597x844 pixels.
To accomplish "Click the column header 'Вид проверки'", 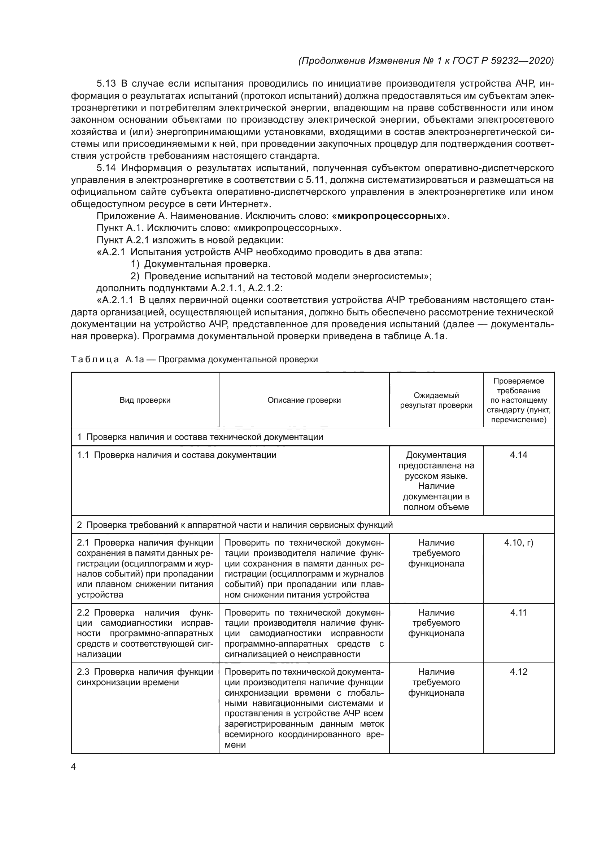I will pos(145,400).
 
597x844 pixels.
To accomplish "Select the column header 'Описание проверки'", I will pos(304,400).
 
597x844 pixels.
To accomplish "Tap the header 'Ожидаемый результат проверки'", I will pos(436,400).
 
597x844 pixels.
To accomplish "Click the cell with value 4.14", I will pos(518,455).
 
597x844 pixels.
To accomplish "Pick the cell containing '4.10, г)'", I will pos(518,543).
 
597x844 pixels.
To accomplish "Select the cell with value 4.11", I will pos(518,613).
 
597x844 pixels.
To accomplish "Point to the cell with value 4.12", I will pos(518,672).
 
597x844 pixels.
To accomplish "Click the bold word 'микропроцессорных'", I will pos(389,216).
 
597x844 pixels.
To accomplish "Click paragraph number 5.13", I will pos(106,83).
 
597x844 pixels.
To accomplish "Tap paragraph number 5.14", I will pos(106,168).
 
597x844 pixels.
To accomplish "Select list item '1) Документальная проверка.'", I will pos(201,264).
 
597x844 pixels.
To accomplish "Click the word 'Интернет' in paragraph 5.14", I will pos(243,204).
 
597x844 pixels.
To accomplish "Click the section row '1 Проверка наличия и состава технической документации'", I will pos(200,437).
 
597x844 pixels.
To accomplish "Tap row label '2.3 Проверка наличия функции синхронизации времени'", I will pos(145,677).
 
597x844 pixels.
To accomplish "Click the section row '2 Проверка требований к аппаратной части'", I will pos(235,525).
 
